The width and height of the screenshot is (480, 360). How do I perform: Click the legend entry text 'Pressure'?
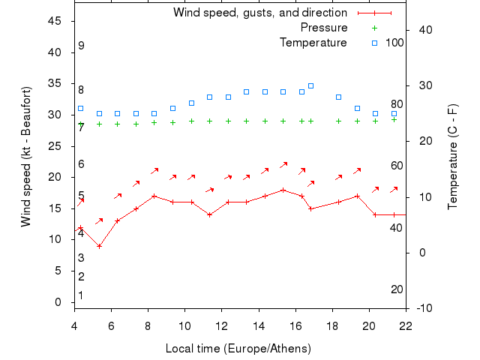(324, 28)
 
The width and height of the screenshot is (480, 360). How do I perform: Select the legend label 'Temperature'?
(313, 43)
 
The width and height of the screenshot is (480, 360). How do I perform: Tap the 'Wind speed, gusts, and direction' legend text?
(259, 13)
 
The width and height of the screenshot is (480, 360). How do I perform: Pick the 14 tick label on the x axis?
(259, 325)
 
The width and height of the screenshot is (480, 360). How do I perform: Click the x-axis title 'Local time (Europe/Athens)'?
(238, 349)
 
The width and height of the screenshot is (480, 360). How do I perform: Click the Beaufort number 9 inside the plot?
(81, 46)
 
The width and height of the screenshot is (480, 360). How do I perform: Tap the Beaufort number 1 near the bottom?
(81, 295)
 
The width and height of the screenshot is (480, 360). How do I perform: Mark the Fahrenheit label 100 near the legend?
(394, 43)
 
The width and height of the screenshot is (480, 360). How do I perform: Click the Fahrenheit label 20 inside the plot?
(397, 289)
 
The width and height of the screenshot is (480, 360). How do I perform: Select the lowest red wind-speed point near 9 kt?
(99, 246)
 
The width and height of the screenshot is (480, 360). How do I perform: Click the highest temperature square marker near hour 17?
(310, 85)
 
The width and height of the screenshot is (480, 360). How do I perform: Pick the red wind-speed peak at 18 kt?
(283, 190)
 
